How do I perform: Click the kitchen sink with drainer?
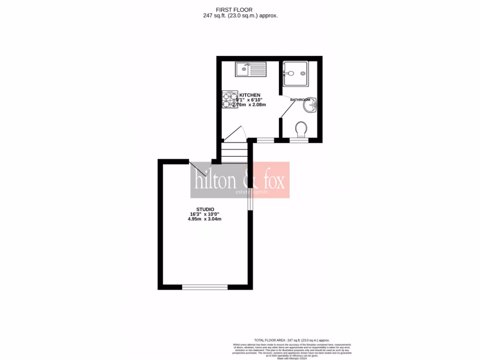tap(250, 70)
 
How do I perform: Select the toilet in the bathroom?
tap(301, 128)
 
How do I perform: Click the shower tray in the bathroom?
tap(295, 74)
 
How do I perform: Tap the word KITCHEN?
tap(249, 95)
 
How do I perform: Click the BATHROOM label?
tap(300, 100)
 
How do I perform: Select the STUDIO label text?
tap(205, 209)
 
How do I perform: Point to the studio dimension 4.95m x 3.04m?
tap(204, 219)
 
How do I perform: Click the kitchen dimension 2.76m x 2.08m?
tap(250, 105)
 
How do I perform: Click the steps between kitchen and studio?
tap(234, 152)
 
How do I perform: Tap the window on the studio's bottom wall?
tap(204, 287)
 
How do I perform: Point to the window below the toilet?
tap(299, 140)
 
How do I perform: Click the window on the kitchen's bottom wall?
tap(265, 140)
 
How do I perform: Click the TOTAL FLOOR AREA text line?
tap(292, 340)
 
